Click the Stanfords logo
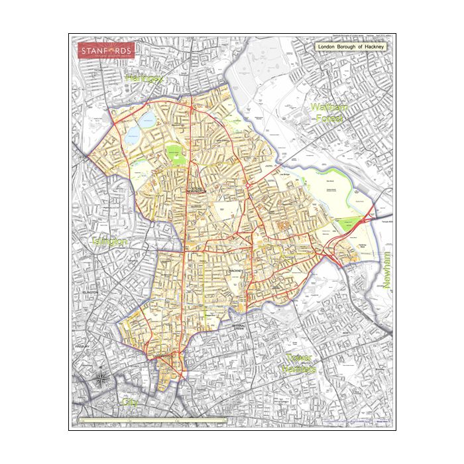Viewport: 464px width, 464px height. pos(106,50)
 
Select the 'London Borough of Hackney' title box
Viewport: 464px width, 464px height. pos(351,48)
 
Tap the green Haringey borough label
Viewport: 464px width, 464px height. pos(144,78)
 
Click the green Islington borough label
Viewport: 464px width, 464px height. pos(109,241)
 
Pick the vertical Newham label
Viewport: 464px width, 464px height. pos(388,272)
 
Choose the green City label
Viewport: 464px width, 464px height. pos(129,402)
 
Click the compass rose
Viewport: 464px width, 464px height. pos(101,379)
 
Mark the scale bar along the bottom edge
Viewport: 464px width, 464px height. pos(152,420)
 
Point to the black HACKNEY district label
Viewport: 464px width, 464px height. pos(237,272)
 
